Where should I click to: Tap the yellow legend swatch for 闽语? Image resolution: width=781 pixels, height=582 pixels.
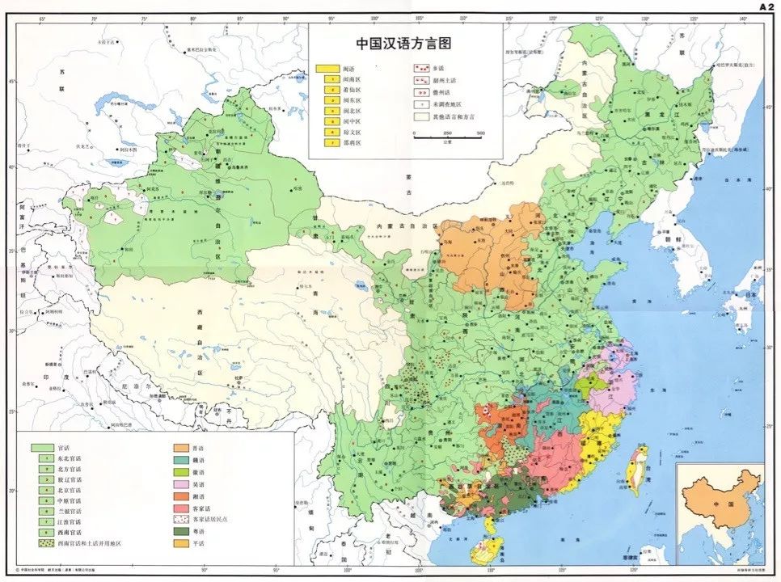[327, 69]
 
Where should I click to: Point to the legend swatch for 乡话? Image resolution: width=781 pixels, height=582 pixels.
[420, 69]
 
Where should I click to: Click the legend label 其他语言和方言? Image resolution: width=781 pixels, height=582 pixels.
[453, 116]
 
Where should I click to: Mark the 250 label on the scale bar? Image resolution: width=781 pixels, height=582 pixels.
[448, 133]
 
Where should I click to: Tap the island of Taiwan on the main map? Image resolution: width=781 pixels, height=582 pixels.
[636, 469]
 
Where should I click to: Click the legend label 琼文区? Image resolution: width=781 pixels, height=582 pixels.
[354, 132]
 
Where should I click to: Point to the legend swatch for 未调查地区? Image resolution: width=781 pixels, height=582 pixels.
[420, 104]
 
